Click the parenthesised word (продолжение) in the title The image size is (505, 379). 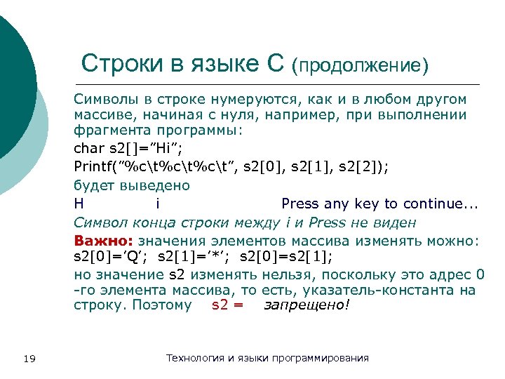[x=361, y=65]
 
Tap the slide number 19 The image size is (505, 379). [x=29, y=359]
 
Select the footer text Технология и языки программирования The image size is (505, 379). [x=267, y=359]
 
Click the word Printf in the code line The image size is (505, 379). [x=95, y=167]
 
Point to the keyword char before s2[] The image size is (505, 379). [x=88, y=149]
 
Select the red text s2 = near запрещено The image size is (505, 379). [x=227, y=305]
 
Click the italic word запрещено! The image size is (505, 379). [x=306, y=305]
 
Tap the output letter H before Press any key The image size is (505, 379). [x=79, y=204]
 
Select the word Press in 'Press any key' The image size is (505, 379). [x=300, y=204]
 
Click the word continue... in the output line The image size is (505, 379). [x=439, y=204]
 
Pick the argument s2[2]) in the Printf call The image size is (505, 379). [x=358, y=167]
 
